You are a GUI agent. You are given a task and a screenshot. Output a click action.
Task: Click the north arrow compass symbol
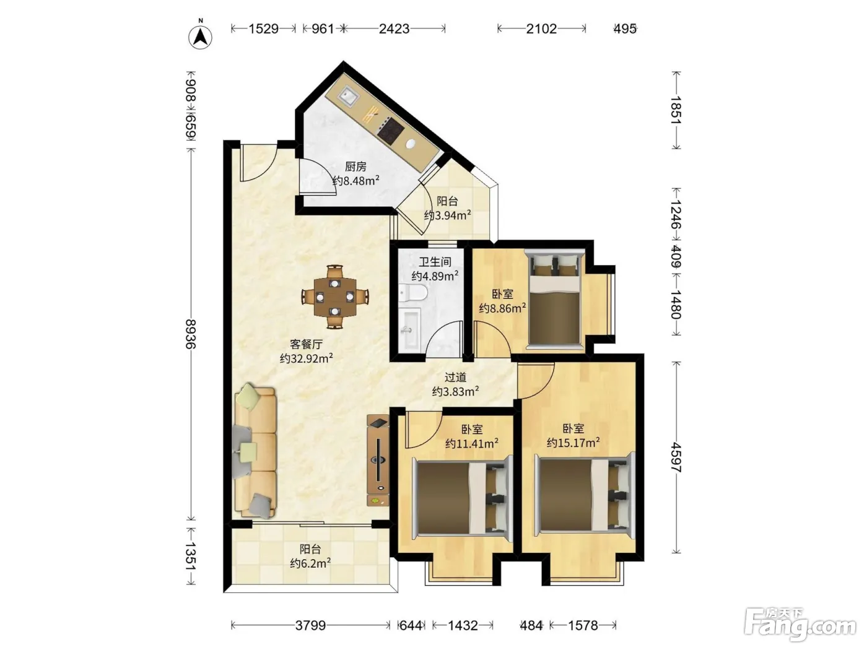coord(200,37)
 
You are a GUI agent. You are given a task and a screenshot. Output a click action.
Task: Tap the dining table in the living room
coord(335,297)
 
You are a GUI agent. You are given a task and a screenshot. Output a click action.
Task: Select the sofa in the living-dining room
coord(255,451)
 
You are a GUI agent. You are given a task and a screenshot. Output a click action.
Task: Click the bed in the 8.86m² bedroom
coord(555,299)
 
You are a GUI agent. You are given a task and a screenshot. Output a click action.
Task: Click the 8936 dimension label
coord(190,334)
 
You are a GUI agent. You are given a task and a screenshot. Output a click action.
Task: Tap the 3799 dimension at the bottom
coord(310,625)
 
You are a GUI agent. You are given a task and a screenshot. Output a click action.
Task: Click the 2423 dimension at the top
coord(394,28)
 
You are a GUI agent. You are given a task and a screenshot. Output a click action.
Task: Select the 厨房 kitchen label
coord(355,167)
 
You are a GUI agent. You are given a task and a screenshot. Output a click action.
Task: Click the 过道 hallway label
coord(455,377)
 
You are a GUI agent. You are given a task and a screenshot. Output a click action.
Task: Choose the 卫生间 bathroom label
coord(435,262)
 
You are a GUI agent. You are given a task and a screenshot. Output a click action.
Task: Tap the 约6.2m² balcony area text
coord(310,563)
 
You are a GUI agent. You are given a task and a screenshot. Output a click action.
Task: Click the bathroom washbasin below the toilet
coord(409,328)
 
